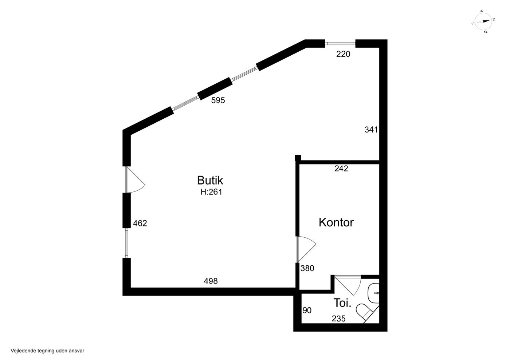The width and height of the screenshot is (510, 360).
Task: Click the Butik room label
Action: (210, 181)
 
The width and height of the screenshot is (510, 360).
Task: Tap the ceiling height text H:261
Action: (211, 192)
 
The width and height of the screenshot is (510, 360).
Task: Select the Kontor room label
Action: (336, 222)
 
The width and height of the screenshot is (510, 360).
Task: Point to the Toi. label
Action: (342, 303)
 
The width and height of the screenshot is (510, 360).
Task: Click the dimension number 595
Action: (218, 100)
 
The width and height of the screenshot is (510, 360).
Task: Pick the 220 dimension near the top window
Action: (343, 54)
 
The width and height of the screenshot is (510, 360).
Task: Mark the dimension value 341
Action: (371, 130)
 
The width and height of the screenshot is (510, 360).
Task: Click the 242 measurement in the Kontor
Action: (341, 169)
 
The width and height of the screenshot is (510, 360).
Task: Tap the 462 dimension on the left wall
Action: (140, 223)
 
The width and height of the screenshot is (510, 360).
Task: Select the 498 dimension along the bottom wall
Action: (211, 281)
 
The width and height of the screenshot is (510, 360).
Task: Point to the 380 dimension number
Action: (307, 269)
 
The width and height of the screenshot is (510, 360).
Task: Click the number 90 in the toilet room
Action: (307, 310)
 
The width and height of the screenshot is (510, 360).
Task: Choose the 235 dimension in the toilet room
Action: (338, 319)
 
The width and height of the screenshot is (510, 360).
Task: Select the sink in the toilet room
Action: (374, 293)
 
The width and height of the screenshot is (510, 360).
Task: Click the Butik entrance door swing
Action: (136, 180)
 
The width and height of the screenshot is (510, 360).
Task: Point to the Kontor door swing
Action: (306, 250)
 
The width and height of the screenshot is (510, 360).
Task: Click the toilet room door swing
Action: (348, 285)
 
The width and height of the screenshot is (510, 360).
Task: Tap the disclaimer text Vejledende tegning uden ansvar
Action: (47, 351)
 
